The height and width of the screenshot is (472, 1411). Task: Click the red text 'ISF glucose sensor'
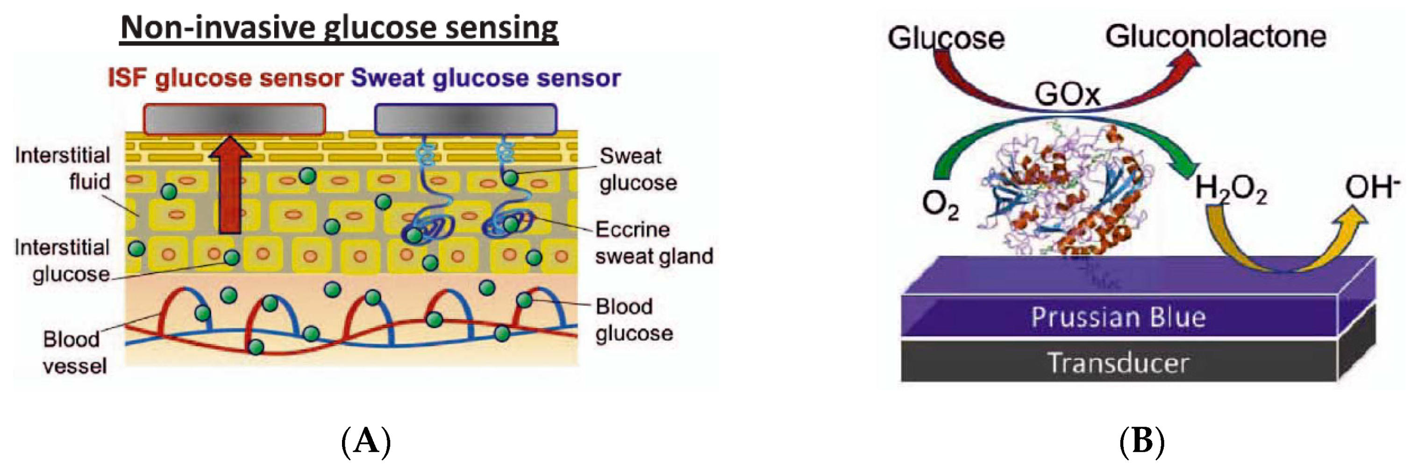(x=225, y=78)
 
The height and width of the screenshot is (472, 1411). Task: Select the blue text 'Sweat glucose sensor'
(x=486, y=78)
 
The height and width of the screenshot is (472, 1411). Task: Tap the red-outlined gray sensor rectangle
(x=235, y=120)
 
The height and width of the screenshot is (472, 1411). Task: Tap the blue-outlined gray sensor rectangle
(x=466, y=120)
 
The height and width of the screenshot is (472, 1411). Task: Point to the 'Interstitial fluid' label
(x=63, y=168)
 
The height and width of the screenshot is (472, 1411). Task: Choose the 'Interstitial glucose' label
(x=63, y=261)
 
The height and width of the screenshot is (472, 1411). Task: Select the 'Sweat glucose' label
(x=638, y=169)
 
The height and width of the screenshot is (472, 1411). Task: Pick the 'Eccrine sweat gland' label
(x=654, y=243)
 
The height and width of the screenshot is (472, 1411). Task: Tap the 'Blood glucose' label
(x=634, y=320)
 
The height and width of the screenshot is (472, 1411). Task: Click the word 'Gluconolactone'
(x=1215, y=37)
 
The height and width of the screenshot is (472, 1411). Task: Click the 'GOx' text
(x=1067, y=94)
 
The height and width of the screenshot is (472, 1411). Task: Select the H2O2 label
(x=1230, y=189)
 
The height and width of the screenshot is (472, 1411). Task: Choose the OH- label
(x=1371, y=187)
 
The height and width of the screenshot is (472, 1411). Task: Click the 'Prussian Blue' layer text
(x=1118, y=317)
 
